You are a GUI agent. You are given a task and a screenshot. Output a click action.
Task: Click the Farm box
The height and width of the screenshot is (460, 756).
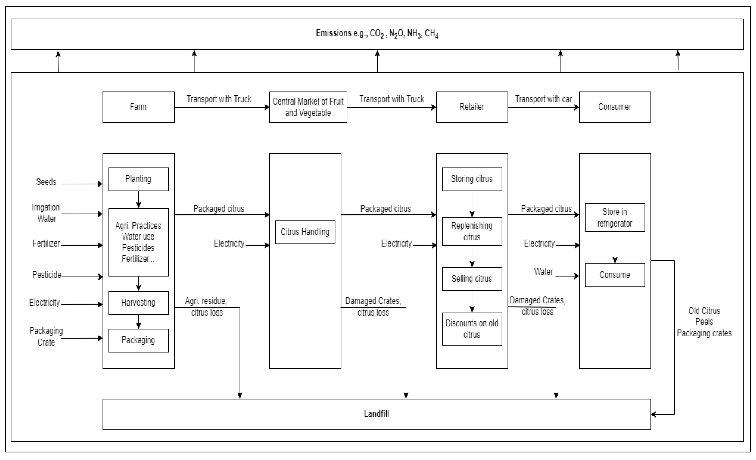(138, 107)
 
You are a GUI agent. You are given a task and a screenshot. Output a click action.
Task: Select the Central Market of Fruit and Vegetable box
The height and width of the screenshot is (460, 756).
(308, 107)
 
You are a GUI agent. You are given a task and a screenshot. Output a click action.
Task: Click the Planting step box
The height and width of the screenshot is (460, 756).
(138, 179)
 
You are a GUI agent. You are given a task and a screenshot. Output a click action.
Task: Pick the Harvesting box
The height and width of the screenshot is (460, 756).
(138, 303)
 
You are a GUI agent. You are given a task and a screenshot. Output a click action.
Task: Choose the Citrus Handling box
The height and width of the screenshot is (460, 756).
(305, 232)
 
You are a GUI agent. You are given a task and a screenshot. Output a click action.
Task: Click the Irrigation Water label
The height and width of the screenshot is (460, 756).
(46, 213)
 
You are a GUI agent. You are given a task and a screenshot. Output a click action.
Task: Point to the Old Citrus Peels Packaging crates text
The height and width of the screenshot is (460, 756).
(704, 322)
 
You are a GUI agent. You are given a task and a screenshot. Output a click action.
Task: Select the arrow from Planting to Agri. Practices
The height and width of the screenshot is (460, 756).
(138, 200)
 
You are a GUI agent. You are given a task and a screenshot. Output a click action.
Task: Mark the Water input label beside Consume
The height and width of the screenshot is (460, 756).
(543, 272)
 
